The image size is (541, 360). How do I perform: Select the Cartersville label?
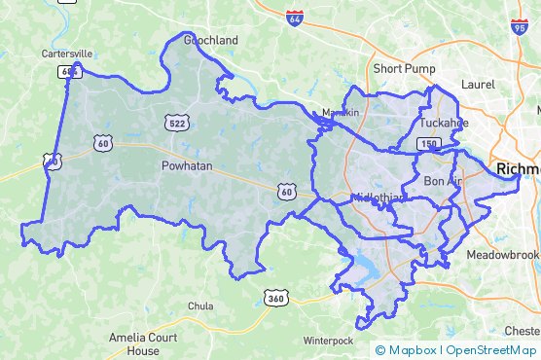pos(67,53)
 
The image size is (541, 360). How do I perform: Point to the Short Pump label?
pos(405,69)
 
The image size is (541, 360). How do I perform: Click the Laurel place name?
pos(478,85)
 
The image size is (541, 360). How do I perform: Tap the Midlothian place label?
pos(379,198)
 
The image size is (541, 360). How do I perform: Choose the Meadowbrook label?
pos(502,254)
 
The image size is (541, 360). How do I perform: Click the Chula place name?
pos(200,306)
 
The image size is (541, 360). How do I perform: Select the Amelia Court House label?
pos(134,343)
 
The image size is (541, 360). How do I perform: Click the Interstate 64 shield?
pos(295,18)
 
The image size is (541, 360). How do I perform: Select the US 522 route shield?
pos(176,122)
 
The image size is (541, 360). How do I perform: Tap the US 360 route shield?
pos(275,297)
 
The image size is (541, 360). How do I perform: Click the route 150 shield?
pos(428,143)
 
